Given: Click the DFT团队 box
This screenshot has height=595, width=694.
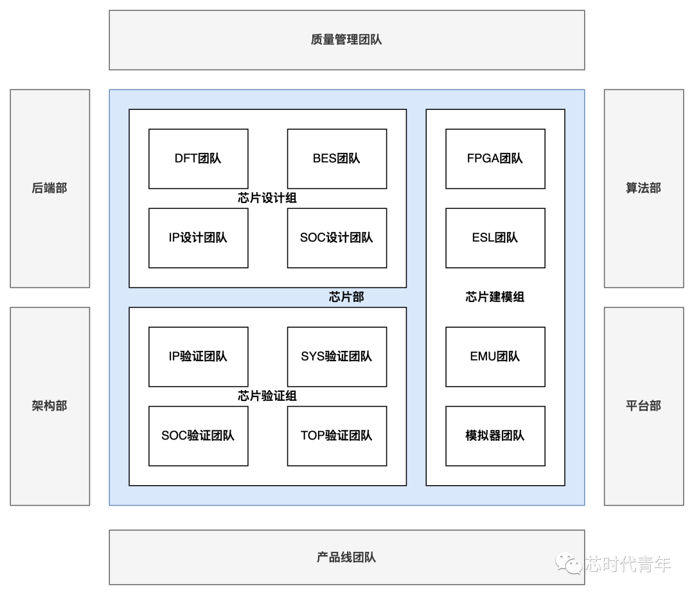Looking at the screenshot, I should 198,159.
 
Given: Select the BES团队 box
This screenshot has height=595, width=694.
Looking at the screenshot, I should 337,159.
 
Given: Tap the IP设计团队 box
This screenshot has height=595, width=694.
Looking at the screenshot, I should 198,238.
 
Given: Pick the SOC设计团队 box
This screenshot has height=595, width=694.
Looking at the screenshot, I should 337,238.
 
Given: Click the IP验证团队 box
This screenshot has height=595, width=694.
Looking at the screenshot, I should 198,357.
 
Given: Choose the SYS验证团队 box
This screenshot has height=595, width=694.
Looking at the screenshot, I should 337,357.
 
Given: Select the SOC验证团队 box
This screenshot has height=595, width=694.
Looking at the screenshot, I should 198,436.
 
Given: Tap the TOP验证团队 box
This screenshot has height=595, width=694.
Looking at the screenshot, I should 337,436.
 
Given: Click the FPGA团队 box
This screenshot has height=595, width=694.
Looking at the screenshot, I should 495,159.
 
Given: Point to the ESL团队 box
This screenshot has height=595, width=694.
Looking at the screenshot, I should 495,238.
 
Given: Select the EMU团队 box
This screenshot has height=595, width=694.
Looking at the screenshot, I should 495,357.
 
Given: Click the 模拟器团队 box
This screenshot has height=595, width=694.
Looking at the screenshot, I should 495,436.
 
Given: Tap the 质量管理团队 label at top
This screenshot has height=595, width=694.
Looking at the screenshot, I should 346,40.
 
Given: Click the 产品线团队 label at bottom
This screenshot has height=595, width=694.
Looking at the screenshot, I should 346,557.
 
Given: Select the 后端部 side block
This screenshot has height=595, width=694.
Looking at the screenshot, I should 49,188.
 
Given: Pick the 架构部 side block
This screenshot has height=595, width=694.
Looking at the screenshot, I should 49,406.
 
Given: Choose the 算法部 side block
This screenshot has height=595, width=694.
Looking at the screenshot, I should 643,188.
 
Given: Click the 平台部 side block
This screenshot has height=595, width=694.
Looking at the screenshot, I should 643,406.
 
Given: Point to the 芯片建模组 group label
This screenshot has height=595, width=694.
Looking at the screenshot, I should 495,297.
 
